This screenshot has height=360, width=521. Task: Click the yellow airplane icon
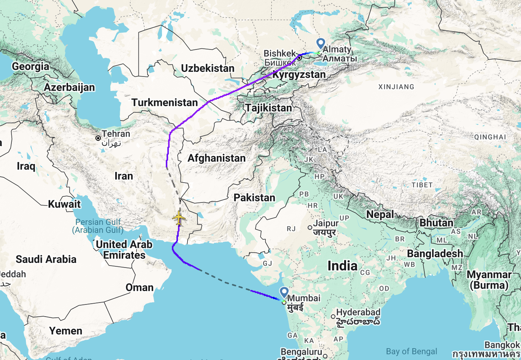[x=179, y=218]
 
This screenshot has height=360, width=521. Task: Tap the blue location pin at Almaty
[x=321, y=43]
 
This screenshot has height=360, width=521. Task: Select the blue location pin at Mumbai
[x=284, y=292]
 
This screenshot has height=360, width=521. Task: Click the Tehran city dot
[x=98, y=138]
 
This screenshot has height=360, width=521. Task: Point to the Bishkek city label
[x=280, y=54]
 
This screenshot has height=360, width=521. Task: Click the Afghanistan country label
[x=216, y=158]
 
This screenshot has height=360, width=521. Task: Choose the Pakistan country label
[x=254, y=198]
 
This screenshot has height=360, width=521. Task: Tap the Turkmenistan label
[x=164, y=102]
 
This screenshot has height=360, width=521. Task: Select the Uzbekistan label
[x=208, y=68]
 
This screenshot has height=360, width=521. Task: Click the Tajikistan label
[x=268, y=108]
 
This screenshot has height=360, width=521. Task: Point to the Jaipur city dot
[x=310, y=228]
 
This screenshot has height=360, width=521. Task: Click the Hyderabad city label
[x=358, y=312]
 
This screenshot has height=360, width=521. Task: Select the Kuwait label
[x=64, y=204]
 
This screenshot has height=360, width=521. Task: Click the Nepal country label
[x=380, y=215]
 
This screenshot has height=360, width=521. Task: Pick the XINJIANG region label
[x=396, y=87]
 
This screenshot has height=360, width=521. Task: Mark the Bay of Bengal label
[x=411, y=352]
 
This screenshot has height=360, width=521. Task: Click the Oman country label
[x=140, y=287]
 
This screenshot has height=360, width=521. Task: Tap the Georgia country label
[x=30, y=67]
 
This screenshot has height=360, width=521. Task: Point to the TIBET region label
[x=422, y=185]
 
